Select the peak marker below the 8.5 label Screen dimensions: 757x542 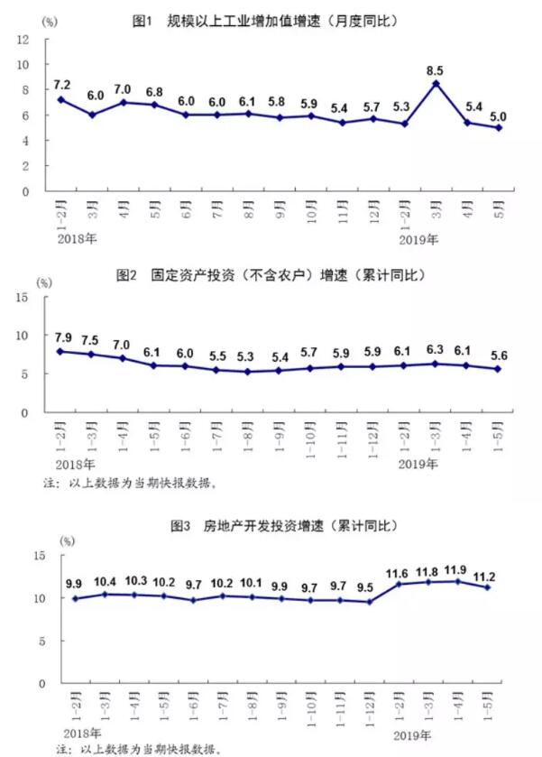pyautogui.click(x=436, y=84)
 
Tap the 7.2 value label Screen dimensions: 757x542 pyautogui.click(x=62, y=83)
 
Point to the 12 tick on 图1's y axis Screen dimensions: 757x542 pyautogui.click(x=24, y=40)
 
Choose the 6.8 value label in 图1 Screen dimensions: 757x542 pyautogui.click(x=155, y=92)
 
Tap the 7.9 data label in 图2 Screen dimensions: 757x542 pyautogui.click(x=62, y=337)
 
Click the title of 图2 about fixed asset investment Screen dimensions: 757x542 pyautogui.click(x=270, y=274)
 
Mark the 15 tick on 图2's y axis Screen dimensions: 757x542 pyautogui.click(x=24, y=298)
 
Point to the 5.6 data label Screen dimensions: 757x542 pyautogui.click(x=497, y=354)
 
